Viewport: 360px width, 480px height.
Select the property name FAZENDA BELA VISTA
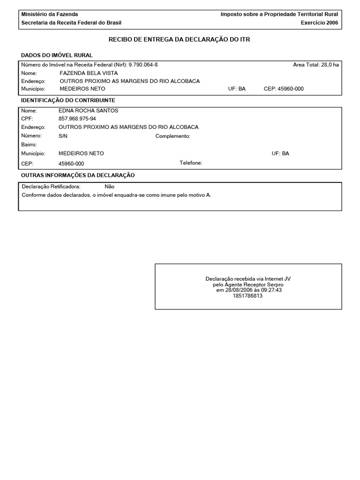[89, 73]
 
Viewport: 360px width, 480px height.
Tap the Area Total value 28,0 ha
[330, 65]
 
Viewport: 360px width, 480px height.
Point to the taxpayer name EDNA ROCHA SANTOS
[88, 111]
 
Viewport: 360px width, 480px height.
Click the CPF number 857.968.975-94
[77, 119]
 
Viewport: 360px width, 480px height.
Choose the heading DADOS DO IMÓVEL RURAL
[57, 55]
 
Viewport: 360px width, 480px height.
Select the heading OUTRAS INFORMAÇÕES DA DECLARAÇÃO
[78, 175]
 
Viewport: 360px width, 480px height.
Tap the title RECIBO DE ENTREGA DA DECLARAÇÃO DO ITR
[180, 40]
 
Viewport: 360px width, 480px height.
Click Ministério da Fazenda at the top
[50, 15]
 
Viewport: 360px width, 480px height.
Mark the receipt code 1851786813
[247, 296]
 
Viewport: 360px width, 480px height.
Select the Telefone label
[191, 163]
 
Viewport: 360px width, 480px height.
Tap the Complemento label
[172, 136]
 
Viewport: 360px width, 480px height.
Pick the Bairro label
[29, 145]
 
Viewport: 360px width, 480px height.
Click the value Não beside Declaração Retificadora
[109, 187]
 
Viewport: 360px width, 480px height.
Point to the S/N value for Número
[63, 136]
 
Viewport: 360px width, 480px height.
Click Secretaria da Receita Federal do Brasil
[71, 22]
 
